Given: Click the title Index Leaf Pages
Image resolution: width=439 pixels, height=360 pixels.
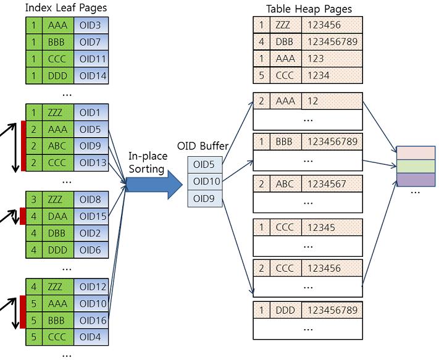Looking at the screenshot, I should (x=65, y=8).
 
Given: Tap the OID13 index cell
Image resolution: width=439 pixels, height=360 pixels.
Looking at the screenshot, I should (x=91, y=163).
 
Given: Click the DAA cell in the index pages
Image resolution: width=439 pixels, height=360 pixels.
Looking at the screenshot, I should (x=57, y=216).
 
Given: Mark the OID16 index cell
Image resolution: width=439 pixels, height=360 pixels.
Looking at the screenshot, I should (x=91, y=320).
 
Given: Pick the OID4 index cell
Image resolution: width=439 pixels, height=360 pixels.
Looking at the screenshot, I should (x=91, y=337).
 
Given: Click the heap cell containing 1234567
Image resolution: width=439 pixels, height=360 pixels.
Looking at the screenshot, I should (x=332, y=183).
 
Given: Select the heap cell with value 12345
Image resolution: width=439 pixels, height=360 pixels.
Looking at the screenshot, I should (x=332, y=227).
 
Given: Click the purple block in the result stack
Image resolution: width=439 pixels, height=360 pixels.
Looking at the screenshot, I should (x=416, y=180).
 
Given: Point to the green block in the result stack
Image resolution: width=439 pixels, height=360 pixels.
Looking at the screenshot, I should (x=416, y=166).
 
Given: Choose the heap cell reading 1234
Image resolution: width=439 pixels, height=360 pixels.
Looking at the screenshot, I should (x=332, y=75).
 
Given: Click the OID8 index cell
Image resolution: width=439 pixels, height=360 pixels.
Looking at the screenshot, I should (x=91, y=199).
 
